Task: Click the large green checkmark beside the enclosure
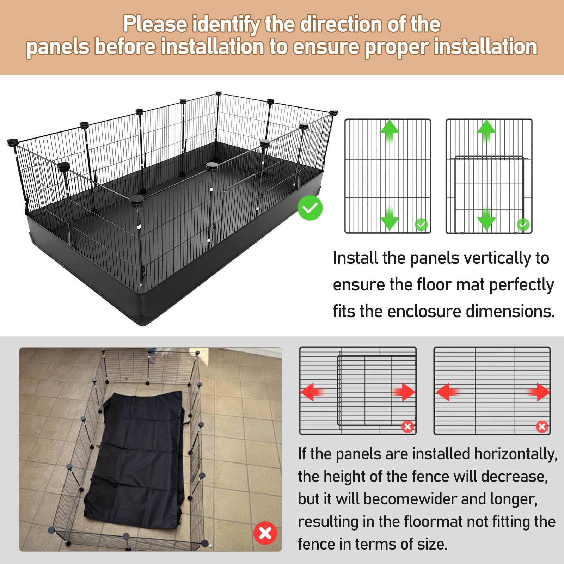pos(310,208)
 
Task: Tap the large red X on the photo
pos(265,533)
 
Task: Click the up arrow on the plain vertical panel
pos(389,131)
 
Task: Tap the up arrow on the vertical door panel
pos(486,131)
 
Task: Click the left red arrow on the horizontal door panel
pos(312,392)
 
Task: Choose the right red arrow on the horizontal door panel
pos(404,392)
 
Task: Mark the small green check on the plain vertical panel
pos(421,225)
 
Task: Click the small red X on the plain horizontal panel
pos(542,427)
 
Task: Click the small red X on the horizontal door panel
pos(408,427)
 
